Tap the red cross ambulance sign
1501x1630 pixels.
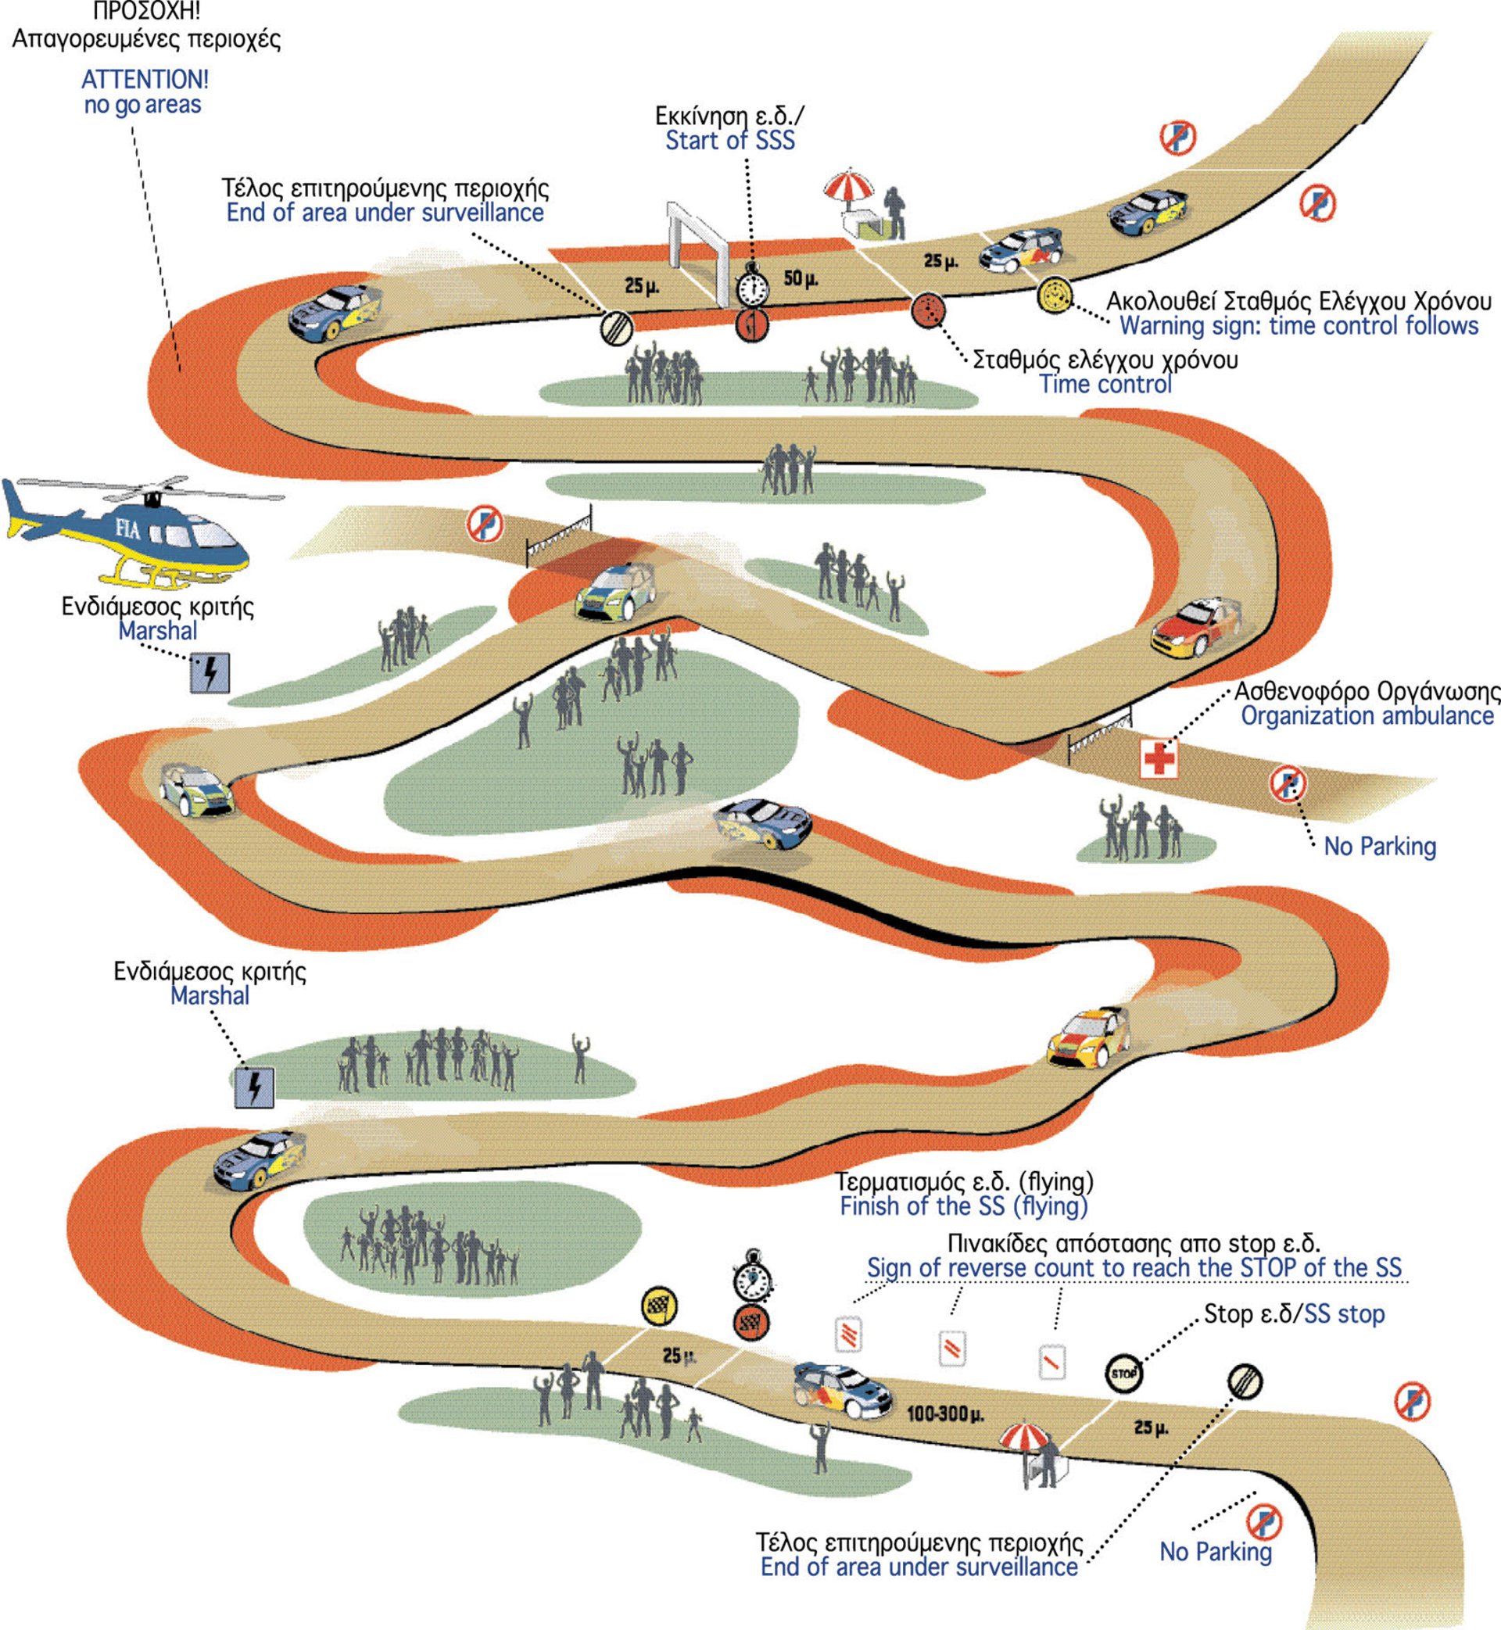pos(1159,758)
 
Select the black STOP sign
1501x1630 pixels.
pos(1123,1374)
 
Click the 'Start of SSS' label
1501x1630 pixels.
pos(730,141)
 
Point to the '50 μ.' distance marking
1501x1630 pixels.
pos(801,278)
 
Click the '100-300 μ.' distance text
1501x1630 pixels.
pos(944,1414)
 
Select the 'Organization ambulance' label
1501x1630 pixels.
pos(1367,715)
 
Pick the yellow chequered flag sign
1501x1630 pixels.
pos(660,1307)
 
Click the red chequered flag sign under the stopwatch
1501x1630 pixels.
pos(751,1323)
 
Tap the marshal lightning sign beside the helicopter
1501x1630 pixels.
pos(210,672)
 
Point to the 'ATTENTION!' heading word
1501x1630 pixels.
pos(145,80)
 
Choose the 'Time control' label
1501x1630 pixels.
pos(1105,384)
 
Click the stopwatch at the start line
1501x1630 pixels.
pos(753,285)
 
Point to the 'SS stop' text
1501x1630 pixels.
pos(1344,1314)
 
